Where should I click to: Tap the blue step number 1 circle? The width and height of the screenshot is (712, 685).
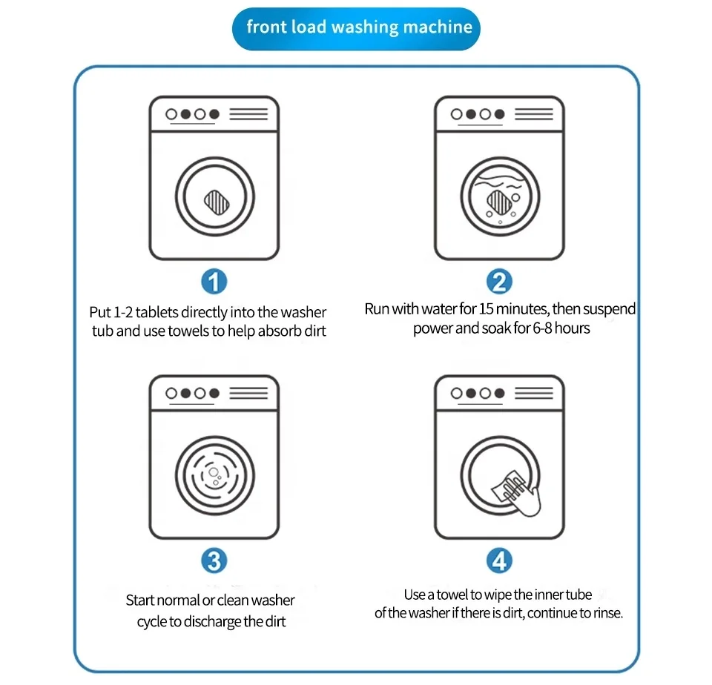point(214,282)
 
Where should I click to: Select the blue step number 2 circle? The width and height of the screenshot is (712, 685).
point(499,282)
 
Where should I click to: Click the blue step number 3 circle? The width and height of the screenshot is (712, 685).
point(214,561)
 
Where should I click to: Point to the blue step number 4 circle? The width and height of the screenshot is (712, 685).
point(499,561)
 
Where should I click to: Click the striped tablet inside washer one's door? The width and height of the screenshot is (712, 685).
point(215,199)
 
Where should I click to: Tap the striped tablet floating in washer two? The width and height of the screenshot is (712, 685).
point(498,199)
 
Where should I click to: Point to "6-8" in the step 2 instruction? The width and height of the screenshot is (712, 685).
point(544,328)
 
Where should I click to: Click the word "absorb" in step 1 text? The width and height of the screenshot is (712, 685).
point(278,331)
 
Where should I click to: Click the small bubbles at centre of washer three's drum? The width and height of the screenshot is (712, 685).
point(214,477)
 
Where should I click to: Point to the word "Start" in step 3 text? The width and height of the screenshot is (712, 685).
point(140,600)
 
